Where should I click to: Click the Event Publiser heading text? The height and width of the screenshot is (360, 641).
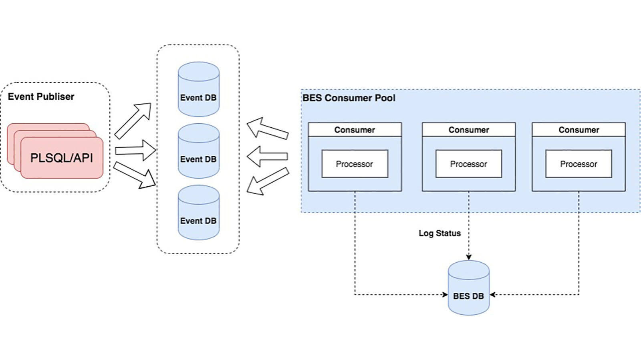coord(41,97)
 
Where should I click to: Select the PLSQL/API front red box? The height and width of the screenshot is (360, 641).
coord(62,158)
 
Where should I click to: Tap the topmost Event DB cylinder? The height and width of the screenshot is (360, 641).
coord(198,89)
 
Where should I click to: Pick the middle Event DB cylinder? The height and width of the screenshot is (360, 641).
coord(198,151)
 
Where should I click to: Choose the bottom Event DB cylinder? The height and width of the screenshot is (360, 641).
coord(198,213)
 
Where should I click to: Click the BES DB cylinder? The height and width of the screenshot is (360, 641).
coord(468,288)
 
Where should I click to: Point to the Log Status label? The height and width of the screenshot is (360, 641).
coord(439,233)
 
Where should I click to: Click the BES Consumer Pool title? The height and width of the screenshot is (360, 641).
coord(349,98)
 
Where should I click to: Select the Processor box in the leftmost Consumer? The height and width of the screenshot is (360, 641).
coord(355,164)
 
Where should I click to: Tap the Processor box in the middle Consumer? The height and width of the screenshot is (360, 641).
coord(468,164)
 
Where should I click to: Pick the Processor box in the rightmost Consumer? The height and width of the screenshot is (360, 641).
coord(579,164)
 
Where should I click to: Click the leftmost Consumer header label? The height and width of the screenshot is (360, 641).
coord(355,130)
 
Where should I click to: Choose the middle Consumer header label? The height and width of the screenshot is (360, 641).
coord(468,130)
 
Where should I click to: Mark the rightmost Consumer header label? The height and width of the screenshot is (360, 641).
coord(579,130)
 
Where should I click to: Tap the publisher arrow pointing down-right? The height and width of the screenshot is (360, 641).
coord(135,175)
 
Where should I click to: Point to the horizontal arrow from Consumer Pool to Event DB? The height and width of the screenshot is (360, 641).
coord(267,156)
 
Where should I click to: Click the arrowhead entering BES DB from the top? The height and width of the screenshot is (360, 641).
coord(469,257)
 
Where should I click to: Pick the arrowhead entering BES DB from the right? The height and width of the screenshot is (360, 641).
coord(493,295)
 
